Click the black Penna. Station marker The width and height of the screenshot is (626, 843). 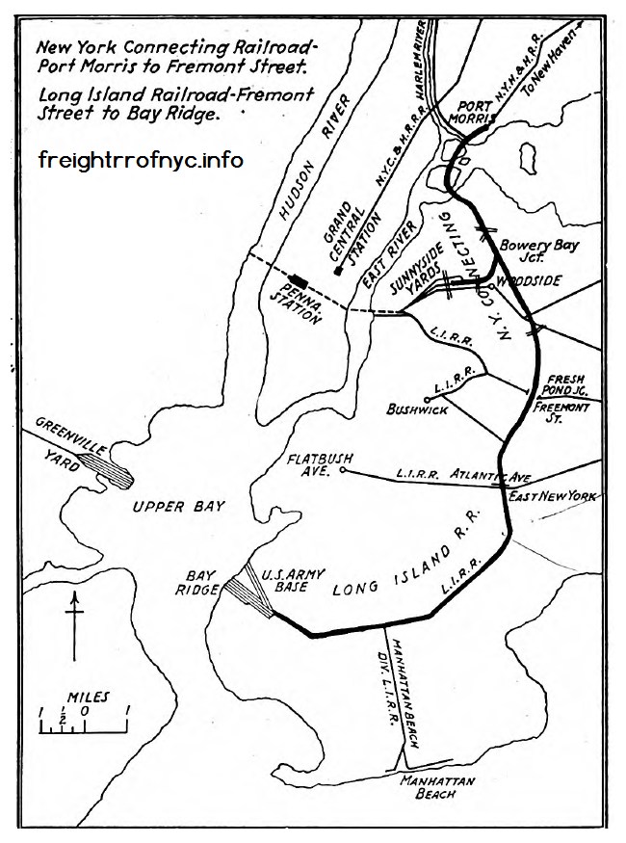[300, 280]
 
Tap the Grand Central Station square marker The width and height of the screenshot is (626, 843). [338, 272]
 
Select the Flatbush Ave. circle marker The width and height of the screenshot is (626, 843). [343, 471]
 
